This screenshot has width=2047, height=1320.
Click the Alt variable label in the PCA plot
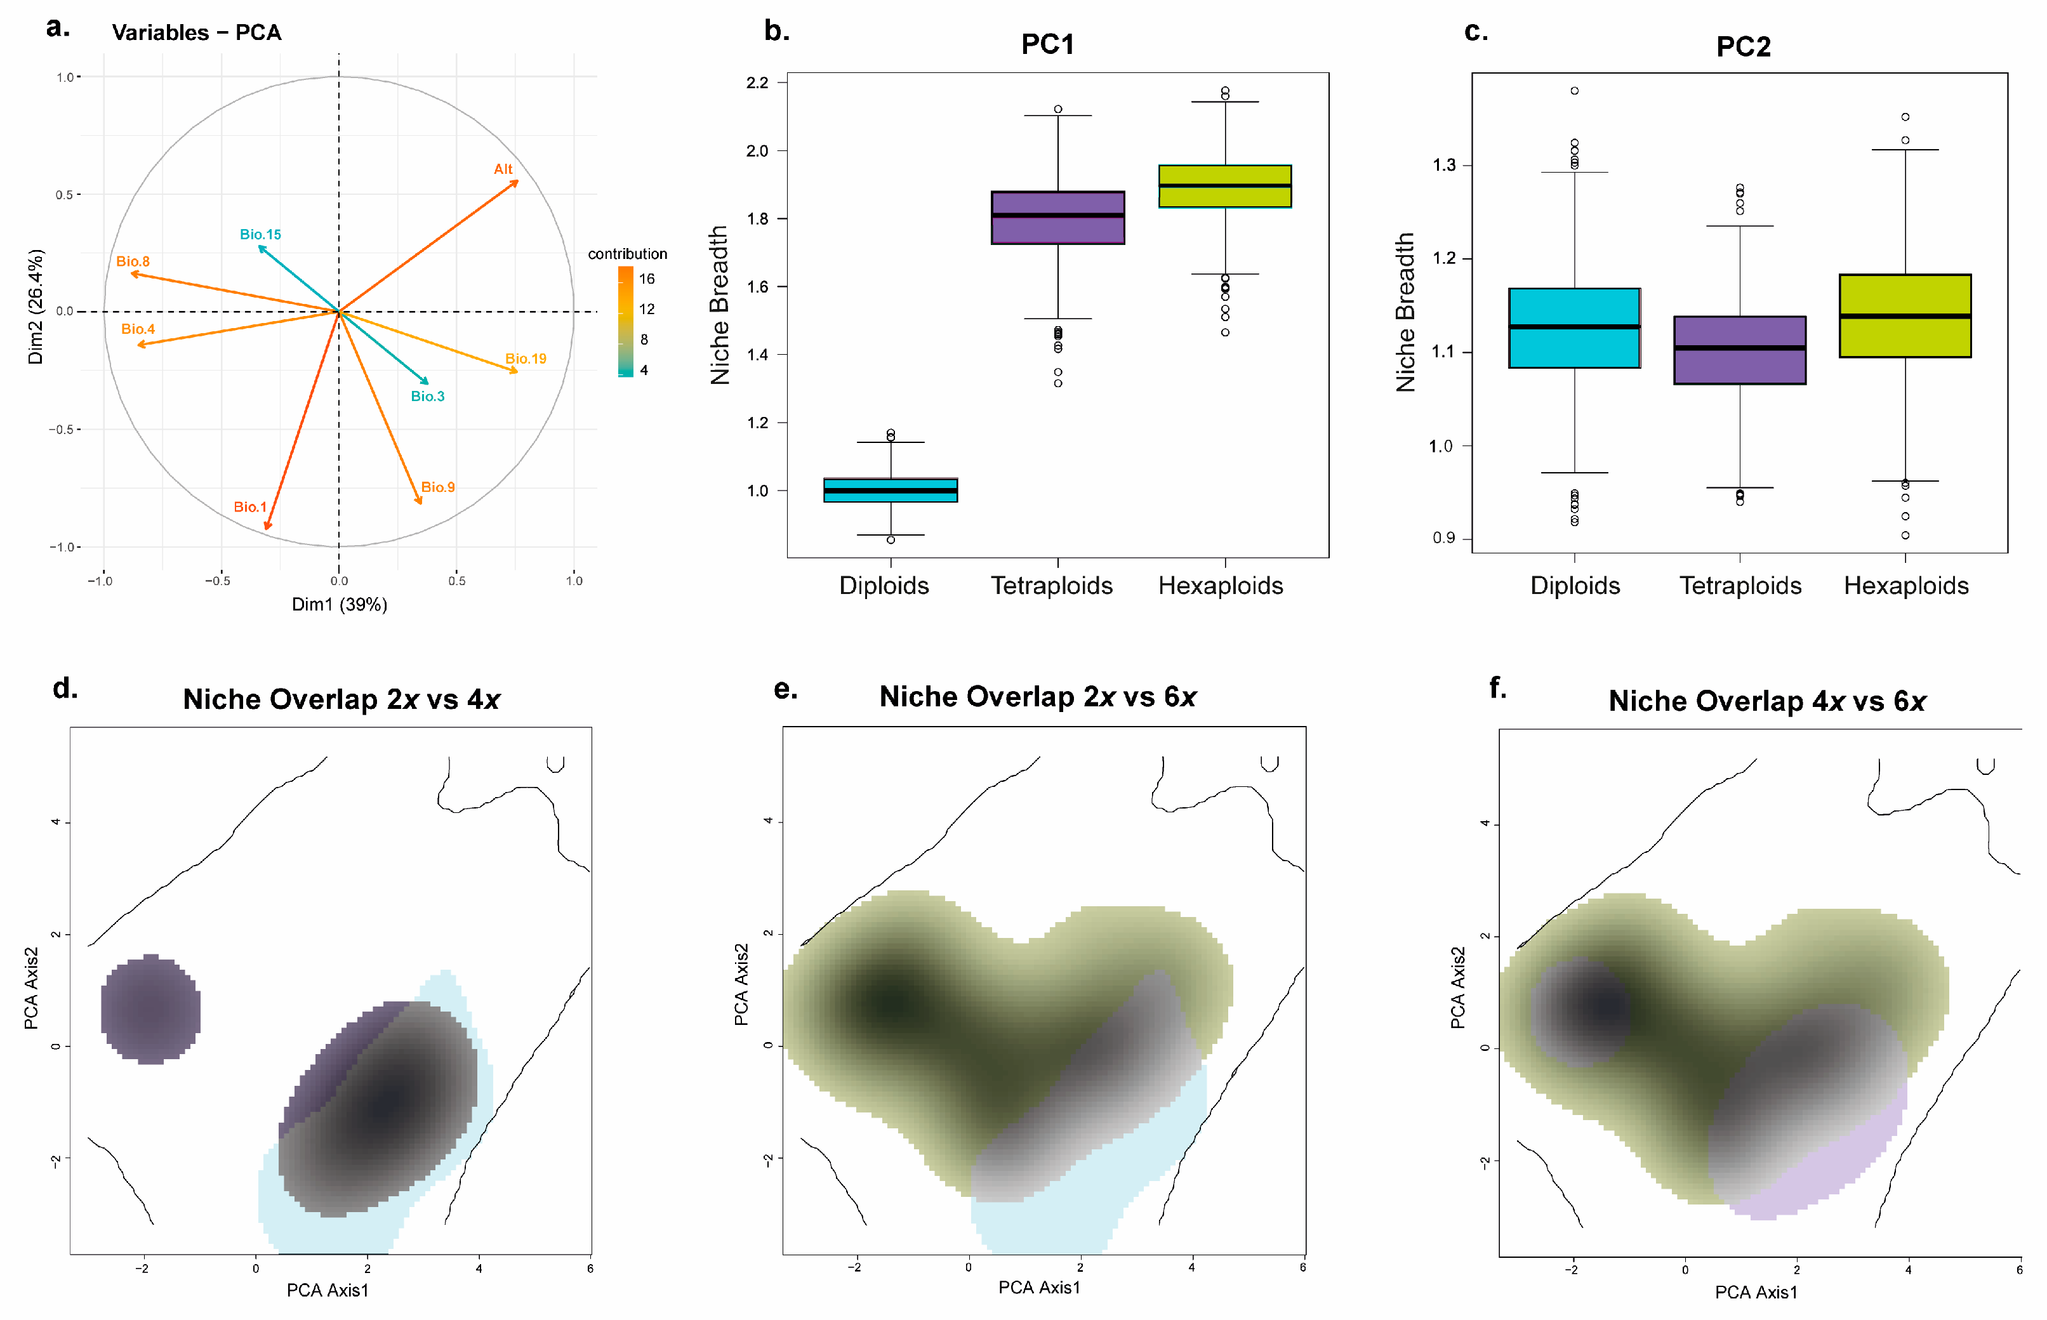pyautogui.click(x=503, y=169)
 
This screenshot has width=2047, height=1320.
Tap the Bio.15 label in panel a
pyautogui.click(x=261, y=234)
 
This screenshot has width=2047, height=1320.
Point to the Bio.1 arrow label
pyautogui.click(x=250, y=506)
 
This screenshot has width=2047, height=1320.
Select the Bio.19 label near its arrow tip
pyautogui.click(x=526, y=359)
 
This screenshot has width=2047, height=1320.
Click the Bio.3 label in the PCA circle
pyautogui.click(x=428, y=396)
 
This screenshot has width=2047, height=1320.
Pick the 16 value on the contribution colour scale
pyautogui.click(x=646, y=279)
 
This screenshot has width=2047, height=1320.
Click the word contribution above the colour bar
pyautogui.click(x=628, y=254)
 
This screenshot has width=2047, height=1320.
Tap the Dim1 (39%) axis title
pyautogui.click(x=340, y=604)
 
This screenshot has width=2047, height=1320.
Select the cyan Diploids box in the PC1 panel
pyautogui.click(x=891, y=489)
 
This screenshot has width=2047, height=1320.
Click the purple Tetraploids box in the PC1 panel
pyautogui.click(x=1058, y=218)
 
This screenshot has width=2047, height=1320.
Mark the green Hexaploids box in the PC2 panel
pyautogui.click(x=1905, y=315)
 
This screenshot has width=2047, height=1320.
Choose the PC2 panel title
pyautogui.click(x=1743, y=46)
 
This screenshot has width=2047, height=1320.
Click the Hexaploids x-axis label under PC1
pyautogui.click(x=1221, y=585)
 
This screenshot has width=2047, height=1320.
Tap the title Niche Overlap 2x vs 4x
pyautogui.click(x=341, y=699)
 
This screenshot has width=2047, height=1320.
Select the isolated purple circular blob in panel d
pyautogui.click(x=151, y=1009)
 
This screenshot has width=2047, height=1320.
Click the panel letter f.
pyautogui.click(x=1497, y=687)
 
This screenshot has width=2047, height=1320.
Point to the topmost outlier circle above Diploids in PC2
pyautogui.click(x=1575, y=91)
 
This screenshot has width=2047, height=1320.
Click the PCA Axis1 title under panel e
pyautogui.click(x=1039, y=1288)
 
